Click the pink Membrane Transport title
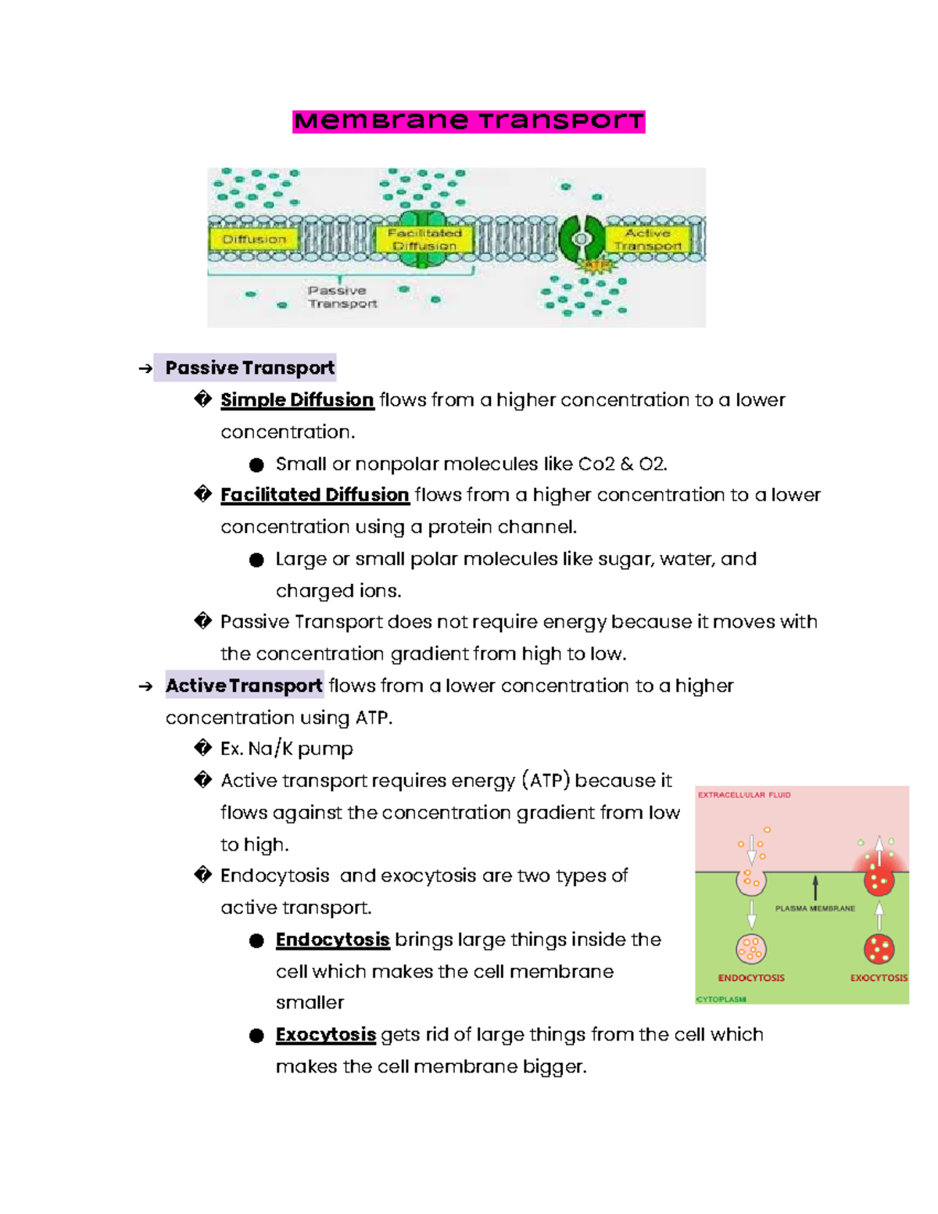tap(468, 121)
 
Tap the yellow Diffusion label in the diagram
tap(254, 239)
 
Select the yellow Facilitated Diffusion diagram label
tap(424, 239)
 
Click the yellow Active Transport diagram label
tap(648, 239)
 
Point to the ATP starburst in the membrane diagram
tap(596, 266)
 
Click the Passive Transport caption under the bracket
tap(342, 297)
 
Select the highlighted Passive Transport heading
tap(249, 367)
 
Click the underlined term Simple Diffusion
tap(297, 399)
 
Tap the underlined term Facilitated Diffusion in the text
tap(314, 495)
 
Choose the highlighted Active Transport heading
tap(244, 686)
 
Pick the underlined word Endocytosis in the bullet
tap(332, 940)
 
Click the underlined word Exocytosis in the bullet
tap(326, 1035)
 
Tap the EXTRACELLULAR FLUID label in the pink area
tap(744, 795)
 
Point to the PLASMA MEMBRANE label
tap(814, 908)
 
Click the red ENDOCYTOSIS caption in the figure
tap(751, 978)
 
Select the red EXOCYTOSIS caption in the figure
tap(879, 978)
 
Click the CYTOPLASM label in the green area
tap(721, 999)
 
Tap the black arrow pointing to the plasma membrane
tap(815, 887)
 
